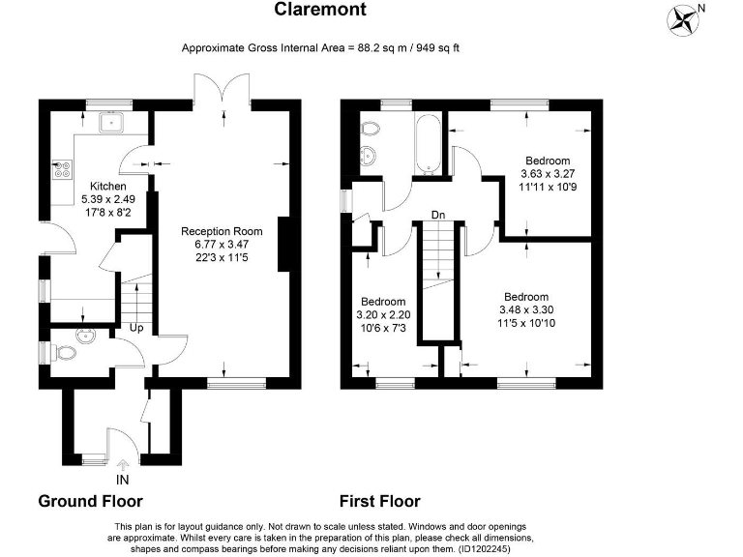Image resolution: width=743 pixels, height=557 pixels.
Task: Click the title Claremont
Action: pyautogui.click(x=320, y=11)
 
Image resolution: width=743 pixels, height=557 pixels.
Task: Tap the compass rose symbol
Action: pyautogui.click(x=684, y=18)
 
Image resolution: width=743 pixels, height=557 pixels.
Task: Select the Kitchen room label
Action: pyautogui.click(x=107, y=186)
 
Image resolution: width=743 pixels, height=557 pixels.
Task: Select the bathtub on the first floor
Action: pyautogui.click(x=428, y=143)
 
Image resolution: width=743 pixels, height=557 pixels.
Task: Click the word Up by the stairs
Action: pyautogui.click(x=138, y=329)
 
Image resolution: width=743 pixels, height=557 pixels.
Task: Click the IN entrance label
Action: pyautogui.click(x=123, y=480)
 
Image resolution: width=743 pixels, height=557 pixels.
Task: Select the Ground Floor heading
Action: pyautogui.click(x=90, y=501)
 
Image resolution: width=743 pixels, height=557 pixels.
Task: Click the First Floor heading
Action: pyautogui.click(x=379, y=501)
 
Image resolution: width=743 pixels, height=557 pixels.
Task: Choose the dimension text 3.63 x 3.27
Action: pyautogui.click(x=548, y=174)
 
